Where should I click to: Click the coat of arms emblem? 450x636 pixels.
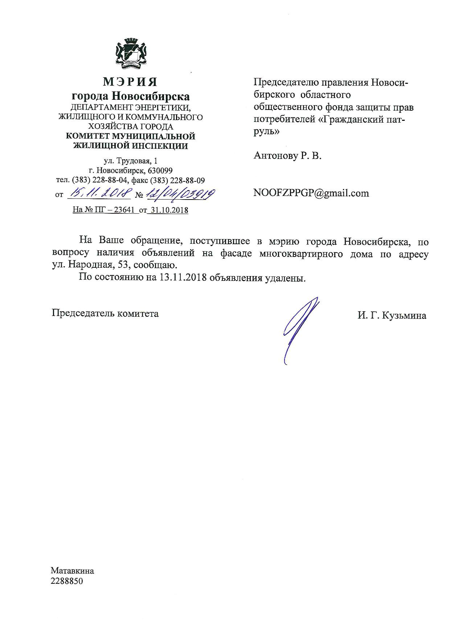point(130,54)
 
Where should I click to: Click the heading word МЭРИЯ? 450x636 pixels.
point(130,82)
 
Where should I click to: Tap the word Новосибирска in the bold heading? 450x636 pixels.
point(150,96)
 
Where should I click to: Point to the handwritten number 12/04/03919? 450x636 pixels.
point(179,194)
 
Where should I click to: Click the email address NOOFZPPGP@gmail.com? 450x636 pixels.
point(311,193)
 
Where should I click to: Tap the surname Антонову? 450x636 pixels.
point(275,156)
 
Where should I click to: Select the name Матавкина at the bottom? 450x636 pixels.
point(73,571)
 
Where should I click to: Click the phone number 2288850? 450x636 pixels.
point(67,581)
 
